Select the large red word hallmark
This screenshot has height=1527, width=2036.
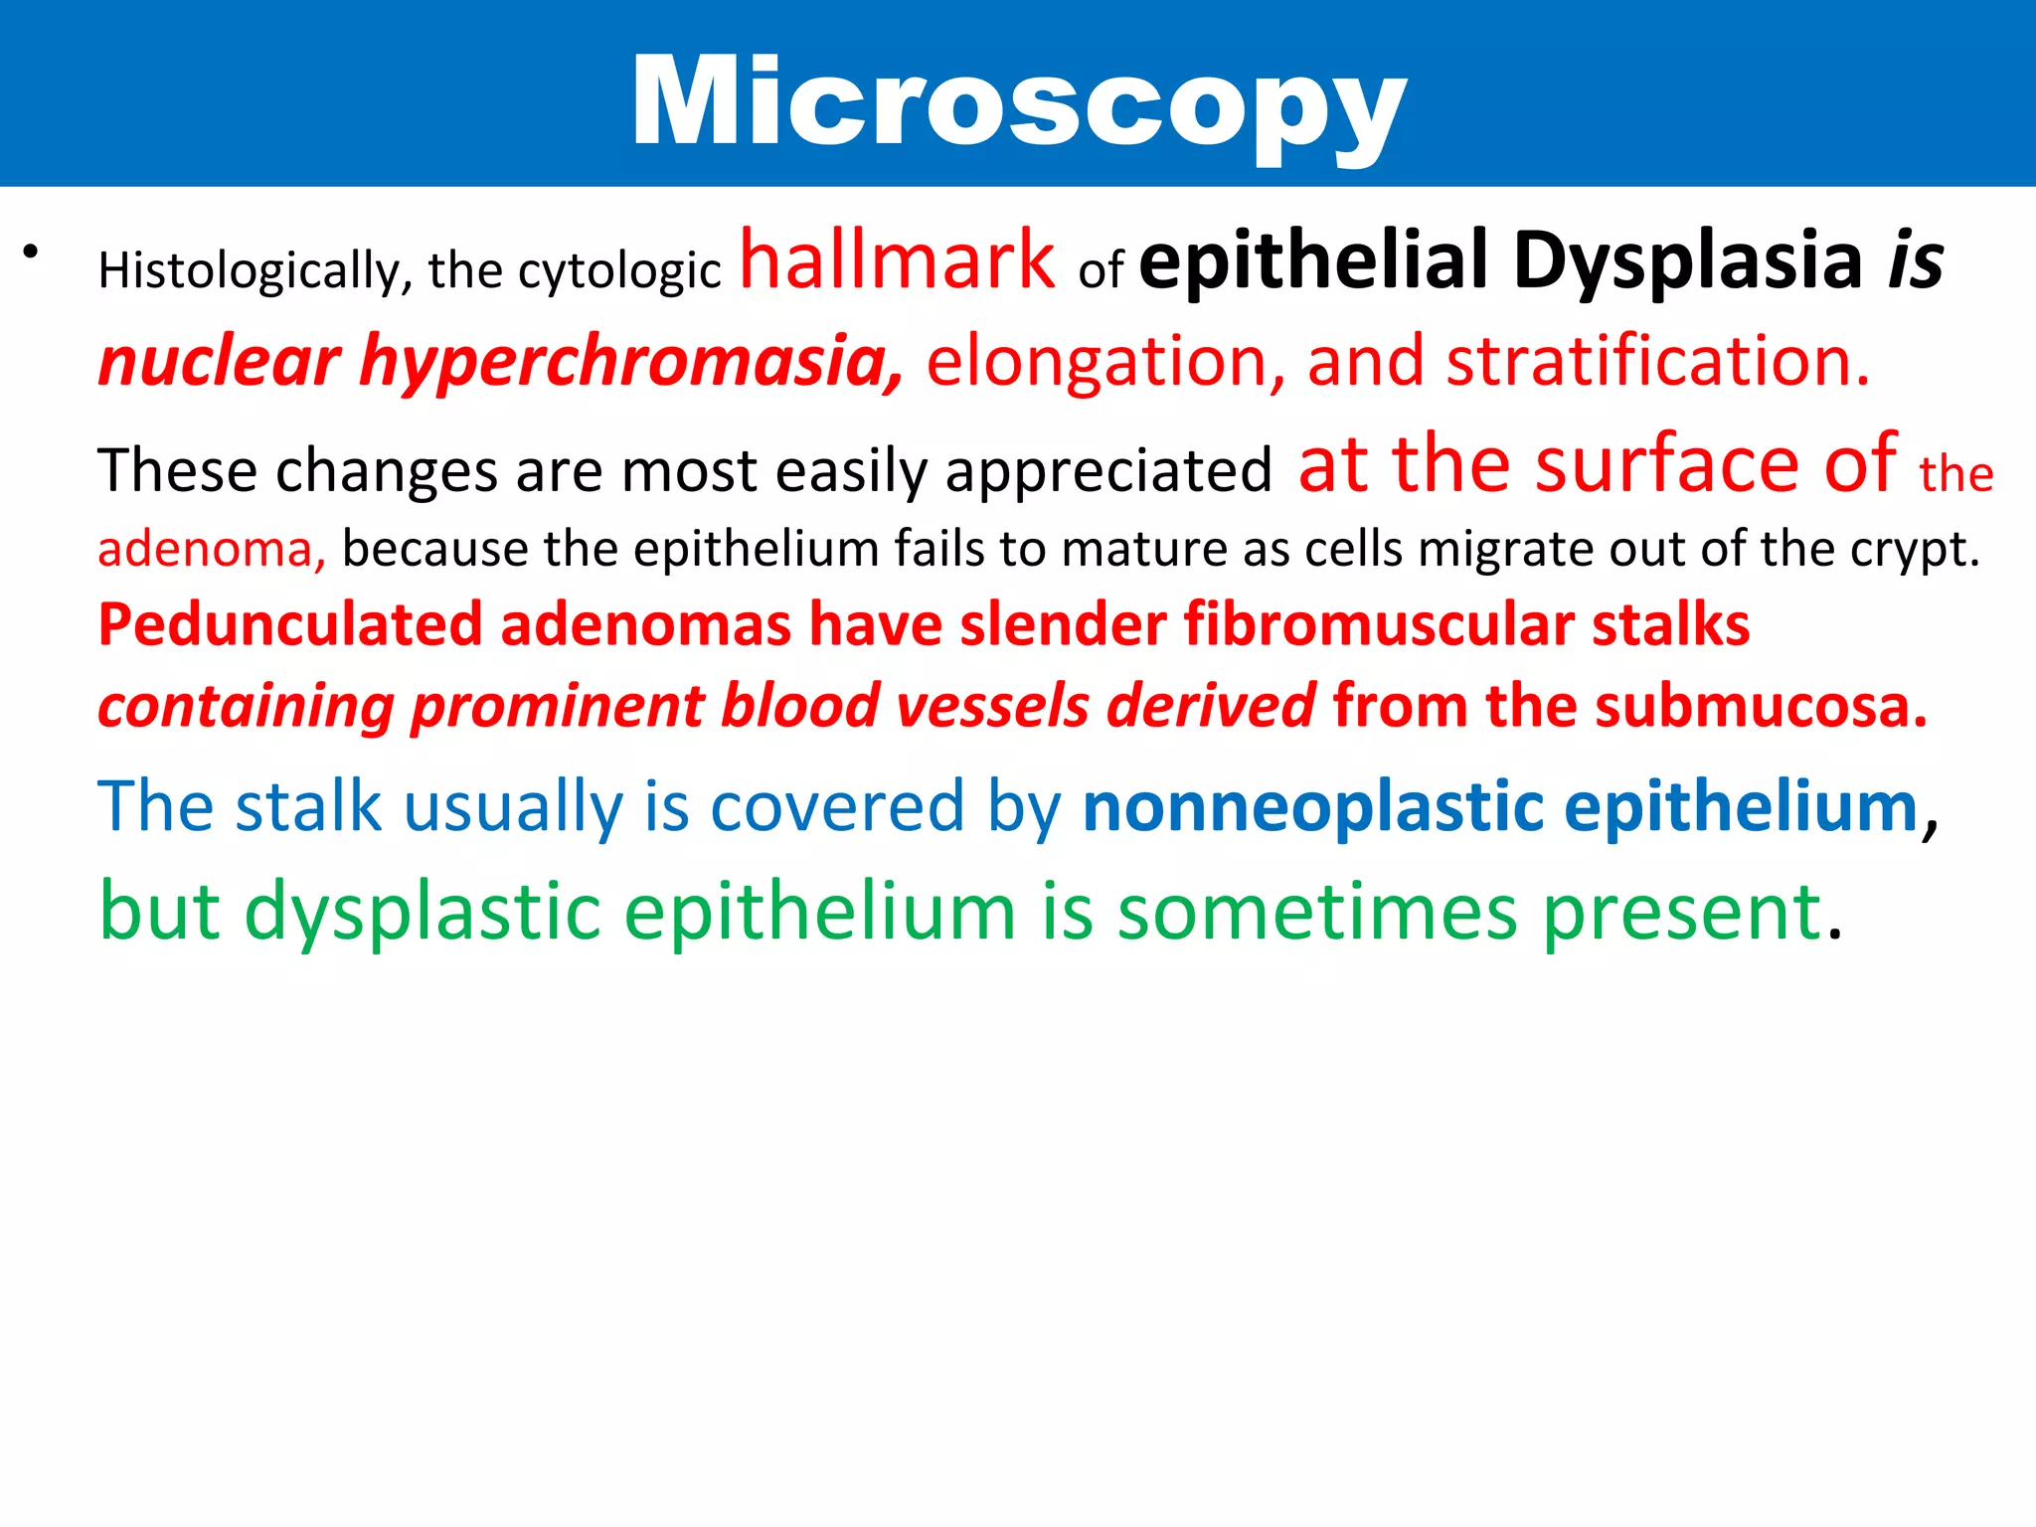coord(897,260)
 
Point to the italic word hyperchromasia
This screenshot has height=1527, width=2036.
coord(631,361)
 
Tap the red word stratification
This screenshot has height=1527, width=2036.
coord(1657,361)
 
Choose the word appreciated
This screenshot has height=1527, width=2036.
coord(1108,471)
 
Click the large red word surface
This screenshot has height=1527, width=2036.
coord(1667,464)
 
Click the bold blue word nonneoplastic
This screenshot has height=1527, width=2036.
coord(1313,806)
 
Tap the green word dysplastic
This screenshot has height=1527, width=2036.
coord(423,912)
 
